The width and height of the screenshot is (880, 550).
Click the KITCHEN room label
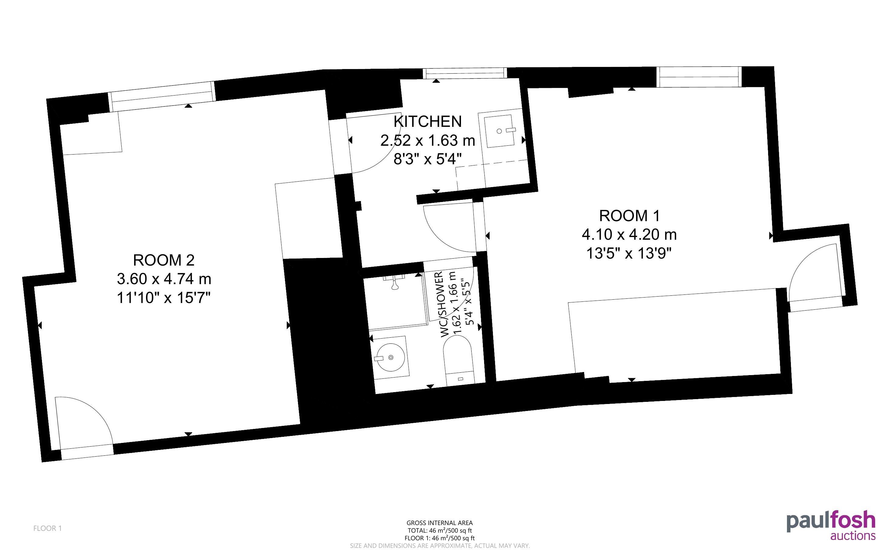tap(428, 121)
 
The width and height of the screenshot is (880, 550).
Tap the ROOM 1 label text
tap(629, 216)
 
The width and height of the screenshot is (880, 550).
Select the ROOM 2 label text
tap(164, 260)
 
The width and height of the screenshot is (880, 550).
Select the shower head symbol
tap(394, 283)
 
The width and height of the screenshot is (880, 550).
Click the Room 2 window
tap(162, 96)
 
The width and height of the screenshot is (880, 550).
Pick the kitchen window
tap(465, 73)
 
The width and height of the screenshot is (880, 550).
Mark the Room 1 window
tap(699, 77)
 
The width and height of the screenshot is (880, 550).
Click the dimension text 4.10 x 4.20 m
tap(629, 234)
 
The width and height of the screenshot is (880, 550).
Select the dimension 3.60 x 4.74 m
tap(164, 279)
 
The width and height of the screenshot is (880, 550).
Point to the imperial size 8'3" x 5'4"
tap(428, 159)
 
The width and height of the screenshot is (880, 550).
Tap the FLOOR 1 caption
tap(48, 528)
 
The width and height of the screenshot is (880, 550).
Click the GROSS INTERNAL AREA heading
tap(439, 523)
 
